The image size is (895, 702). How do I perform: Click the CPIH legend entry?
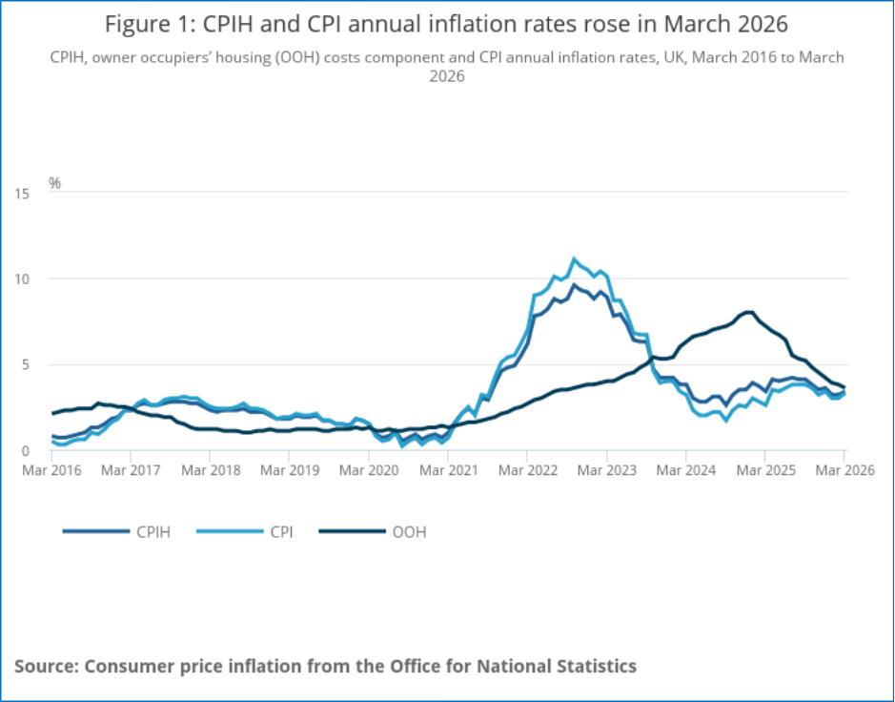tap(116, 532)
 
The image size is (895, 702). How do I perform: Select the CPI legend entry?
tap(245, 532)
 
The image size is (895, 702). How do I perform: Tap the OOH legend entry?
tap(372, 532)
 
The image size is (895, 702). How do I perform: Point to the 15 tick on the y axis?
tap(22, 194)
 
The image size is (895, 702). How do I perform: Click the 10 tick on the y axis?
tap(22, 279)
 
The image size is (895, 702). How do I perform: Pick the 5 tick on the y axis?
tap(25, 365)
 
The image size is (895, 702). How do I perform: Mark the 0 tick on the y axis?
tap(25, 451)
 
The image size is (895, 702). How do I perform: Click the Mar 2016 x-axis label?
tap(51, 470)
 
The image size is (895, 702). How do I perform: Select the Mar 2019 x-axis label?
tap(290, 470)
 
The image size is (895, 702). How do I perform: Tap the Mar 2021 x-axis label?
tap(448, 470)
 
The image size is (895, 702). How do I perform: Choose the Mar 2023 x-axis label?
tap(607, 470)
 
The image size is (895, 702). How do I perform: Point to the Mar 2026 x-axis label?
tap(844, 470)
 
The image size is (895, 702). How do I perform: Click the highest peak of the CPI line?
tap(574, 258)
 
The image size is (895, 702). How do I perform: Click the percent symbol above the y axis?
tap(54, 183)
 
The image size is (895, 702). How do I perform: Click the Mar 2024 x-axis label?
tap(686, 470)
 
